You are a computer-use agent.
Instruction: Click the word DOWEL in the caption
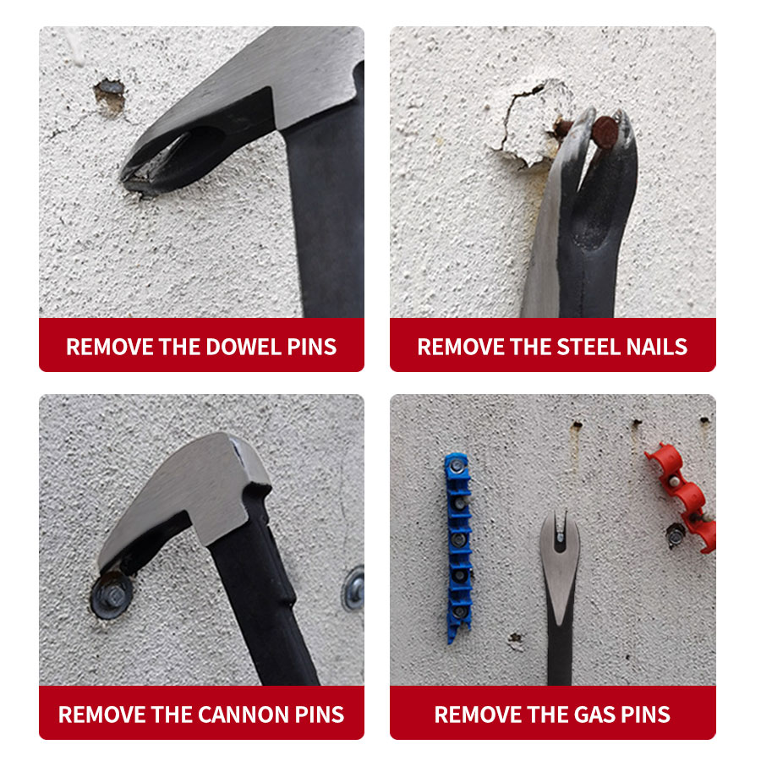243,347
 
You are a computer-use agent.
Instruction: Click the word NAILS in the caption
657,347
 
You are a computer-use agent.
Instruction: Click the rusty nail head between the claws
605,132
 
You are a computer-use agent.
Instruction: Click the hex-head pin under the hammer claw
112,594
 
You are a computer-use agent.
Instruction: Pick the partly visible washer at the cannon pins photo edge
354,589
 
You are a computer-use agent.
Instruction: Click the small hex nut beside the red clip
675,535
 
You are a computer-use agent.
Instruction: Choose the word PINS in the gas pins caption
645,714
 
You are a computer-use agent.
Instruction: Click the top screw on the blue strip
457,467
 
